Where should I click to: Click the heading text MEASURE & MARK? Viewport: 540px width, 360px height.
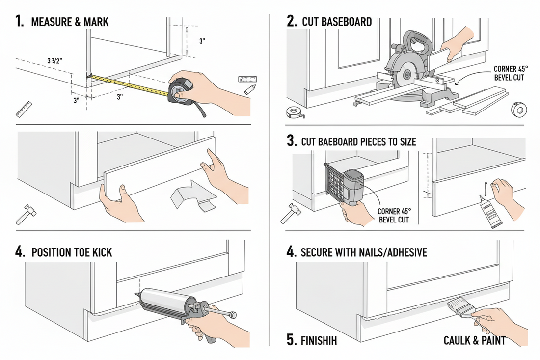pos(69,22)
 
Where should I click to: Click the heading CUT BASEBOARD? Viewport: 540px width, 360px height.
pos(337,22)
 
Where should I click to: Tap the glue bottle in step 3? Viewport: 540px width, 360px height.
pos(490,214)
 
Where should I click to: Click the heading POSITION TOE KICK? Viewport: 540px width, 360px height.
pos(72,252)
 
